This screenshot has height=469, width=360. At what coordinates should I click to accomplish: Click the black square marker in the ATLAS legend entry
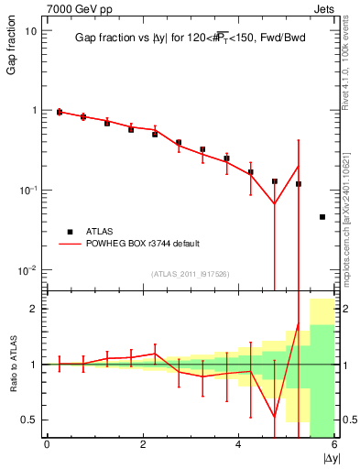coord(68,231)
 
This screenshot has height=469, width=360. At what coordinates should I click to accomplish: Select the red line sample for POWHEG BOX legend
coord(68,244)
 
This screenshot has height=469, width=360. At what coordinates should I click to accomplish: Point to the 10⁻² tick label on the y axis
coord(27,270)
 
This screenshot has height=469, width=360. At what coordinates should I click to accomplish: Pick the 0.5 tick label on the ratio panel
coord(29,420)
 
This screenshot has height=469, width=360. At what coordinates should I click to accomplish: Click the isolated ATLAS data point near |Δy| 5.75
coord(322,217)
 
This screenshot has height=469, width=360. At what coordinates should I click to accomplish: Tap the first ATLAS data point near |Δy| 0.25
coord(60,112)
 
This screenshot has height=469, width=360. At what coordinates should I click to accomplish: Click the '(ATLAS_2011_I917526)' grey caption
coord(189,274)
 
